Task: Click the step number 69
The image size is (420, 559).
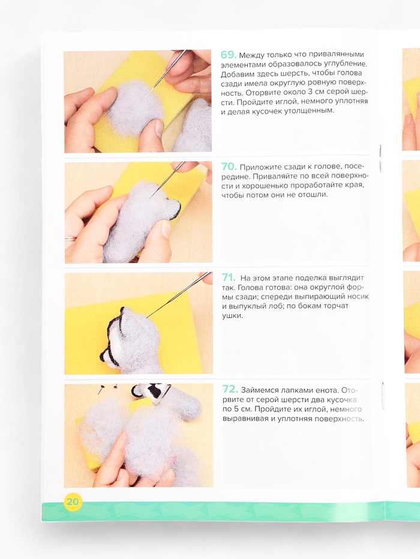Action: tap(228, 55)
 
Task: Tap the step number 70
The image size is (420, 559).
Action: tap(229, 167)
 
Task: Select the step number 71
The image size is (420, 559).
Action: tap(229, 277)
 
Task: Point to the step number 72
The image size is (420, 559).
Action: tap(230, 389)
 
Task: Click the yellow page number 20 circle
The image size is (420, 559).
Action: tap(73, 501)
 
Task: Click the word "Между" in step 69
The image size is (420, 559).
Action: tap(250, 55)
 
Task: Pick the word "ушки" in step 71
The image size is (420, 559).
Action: tap(232, 316)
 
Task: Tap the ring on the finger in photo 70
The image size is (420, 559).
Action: tap(70, 238)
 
